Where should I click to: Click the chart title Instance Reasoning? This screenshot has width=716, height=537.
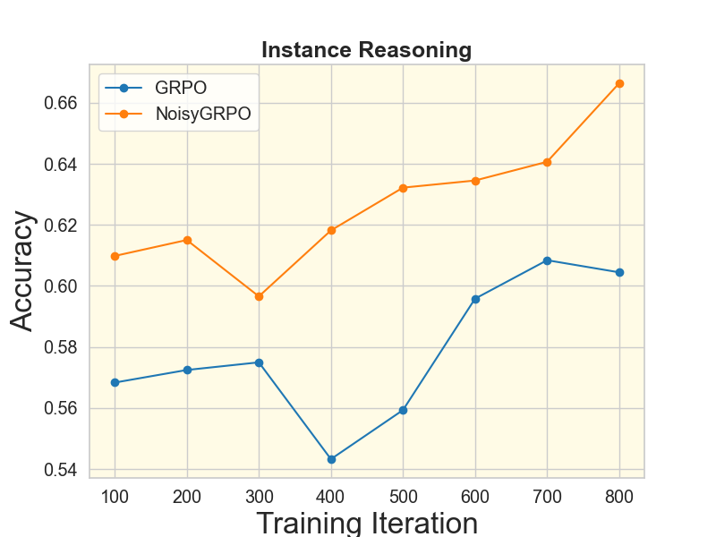tap(366, 50)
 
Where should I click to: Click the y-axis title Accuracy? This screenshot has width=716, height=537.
tap(23, 271)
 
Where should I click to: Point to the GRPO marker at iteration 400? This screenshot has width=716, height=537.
tap(331, 459)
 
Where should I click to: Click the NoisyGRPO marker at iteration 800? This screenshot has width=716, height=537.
tap(619, 83)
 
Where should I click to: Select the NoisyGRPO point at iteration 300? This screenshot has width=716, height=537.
tap(260, 296)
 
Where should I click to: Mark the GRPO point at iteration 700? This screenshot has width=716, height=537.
tap(547, 260)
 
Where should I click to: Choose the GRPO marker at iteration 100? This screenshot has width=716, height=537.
tap(115, 382)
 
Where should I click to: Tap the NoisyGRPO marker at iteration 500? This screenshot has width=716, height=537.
tap(403, 188)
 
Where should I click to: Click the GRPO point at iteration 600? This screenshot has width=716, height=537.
tap(475, 299)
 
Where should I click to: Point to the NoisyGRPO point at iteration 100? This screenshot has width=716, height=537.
tap(115, 256)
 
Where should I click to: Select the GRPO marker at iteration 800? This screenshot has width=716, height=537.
tap(619, 272)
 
